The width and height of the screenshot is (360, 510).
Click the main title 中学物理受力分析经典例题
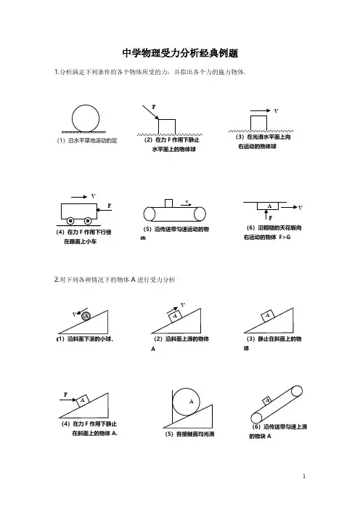click(x=180, y=53)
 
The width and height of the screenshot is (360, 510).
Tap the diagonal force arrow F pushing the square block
click(x=150, y=112)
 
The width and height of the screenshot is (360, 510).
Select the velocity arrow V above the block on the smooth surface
click(x=261, y=111)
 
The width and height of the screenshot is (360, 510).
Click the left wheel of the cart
click(x=70, y=221)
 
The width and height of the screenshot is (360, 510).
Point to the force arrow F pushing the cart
click(x=105, y=210)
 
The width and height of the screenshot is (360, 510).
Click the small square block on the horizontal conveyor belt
click(x=168, y=203)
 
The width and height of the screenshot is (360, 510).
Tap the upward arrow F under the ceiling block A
click(x=266, y=214)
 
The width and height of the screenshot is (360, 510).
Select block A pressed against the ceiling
click(x=269, y=206)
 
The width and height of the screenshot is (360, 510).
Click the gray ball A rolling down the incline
click(x=86, y=315)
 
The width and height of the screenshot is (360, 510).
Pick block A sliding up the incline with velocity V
click(x=175, y=316)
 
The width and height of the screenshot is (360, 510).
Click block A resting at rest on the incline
click(x=267, y=315)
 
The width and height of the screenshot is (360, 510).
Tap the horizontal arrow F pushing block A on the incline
click(x=68, y=400)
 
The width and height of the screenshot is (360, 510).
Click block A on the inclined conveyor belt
click(x=267, y=401)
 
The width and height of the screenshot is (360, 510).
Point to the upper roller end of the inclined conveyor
click(x=296, y=391)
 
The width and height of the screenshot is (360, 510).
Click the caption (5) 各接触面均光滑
click(x=189, y=434)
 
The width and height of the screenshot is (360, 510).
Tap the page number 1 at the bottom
click(x=304, y=476)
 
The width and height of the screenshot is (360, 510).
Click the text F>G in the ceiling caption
click(x=285, y=237)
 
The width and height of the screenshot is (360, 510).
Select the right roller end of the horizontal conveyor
click(x=200, y=214)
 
